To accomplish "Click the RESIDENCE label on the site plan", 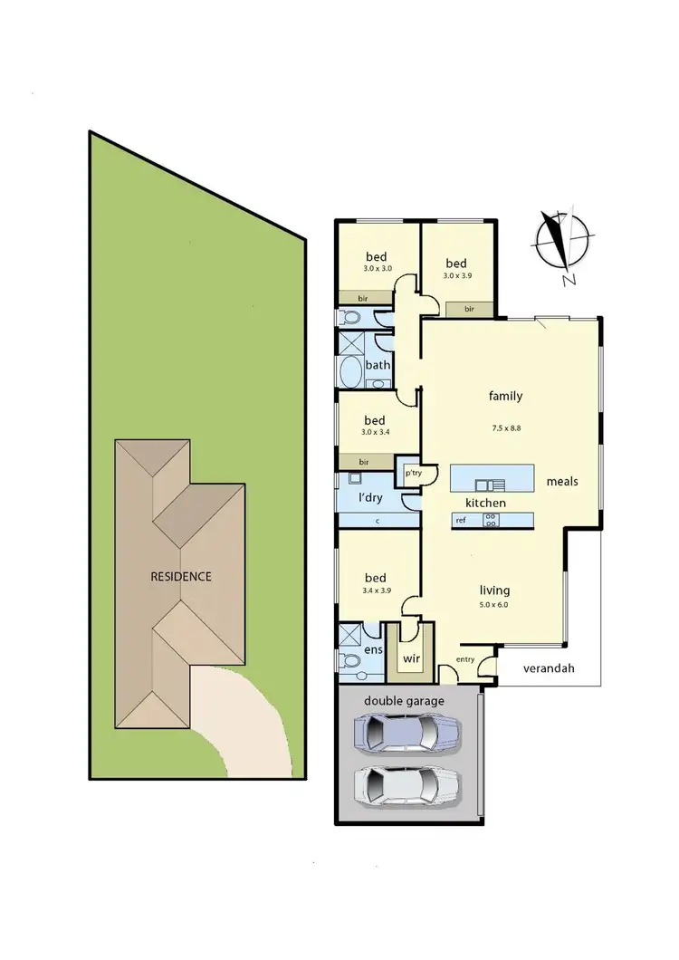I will tap(181, 576).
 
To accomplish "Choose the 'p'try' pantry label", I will tap(413, 473).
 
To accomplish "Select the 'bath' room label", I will tap(378, 366).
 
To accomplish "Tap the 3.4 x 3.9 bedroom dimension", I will tap(375, 594).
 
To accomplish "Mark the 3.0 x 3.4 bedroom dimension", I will tap(375, 437).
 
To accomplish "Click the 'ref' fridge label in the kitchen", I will tap(461, 520).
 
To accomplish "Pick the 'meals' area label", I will tap(562, 482).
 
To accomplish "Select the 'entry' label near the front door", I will tap(465, 659).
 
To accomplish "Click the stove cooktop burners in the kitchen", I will tap(491, 520).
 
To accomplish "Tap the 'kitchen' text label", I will tap(485, 503).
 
